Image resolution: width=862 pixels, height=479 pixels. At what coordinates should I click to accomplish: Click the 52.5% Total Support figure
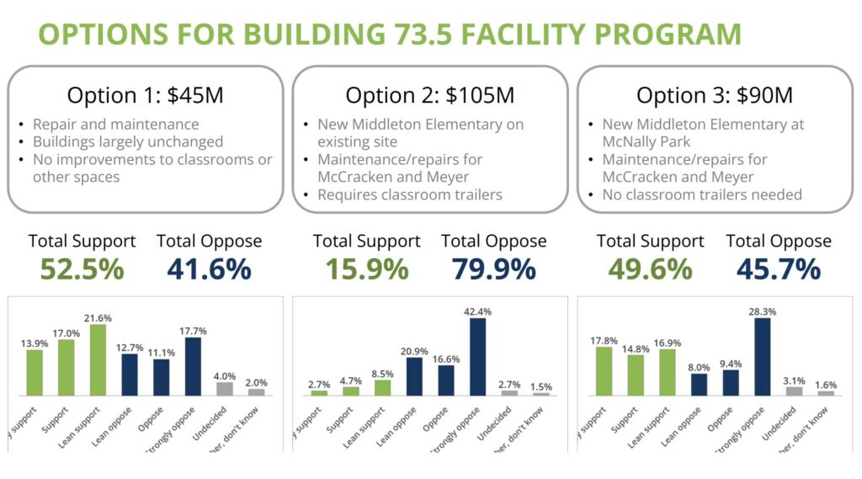pyautogui.click(x=82, y=269)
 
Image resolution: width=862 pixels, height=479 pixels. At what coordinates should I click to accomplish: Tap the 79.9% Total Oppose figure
pyautogui.click(x=493, y=269)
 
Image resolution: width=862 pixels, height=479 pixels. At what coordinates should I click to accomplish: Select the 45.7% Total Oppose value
pyautogui.click(x=778, y=269)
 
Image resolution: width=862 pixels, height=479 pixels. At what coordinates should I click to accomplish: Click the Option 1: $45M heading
pyautogui.click(x=145, y=95)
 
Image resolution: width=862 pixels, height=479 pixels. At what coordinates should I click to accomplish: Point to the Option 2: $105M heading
pyautogui.click(x=430, y=95)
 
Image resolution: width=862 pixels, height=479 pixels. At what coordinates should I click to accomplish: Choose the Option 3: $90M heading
pyautogui.click(x=714, y=95)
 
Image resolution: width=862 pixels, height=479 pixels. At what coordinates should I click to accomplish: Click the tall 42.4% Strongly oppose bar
pyautogui.click(x=478, y=356)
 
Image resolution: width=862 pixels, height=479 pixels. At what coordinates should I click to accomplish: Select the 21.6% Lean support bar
pyautogui.click(x=98, y=359)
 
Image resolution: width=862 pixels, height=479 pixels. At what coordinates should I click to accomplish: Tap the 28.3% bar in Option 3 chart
pyautogui.click(x=763, y=356)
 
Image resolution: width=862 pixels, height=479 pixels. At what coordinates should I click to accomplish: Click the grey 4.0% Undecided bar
pyautogui.click(x=225, y=389)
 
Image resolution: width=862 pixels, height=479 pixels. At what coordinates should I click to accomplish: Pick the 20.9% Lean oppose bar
pyautogui.click(x=414, y=375)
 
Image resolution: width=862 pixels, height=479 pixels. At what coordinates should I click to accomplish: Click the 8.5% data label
pyautogui.click(x=383, y=372)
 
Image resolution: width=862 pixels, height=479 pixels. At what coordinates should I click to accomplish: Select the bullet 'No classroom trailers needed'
pyautogui.click(x=702, y=195)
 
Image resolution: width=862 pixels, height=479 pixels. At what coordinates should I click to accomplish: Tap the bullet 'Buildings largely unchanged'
pyautogui.click(x=128, y=141)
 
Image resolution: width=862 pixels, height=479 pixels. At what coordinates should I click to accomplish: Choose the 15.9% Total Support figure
pyautogui.click(x=366, y=269)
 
